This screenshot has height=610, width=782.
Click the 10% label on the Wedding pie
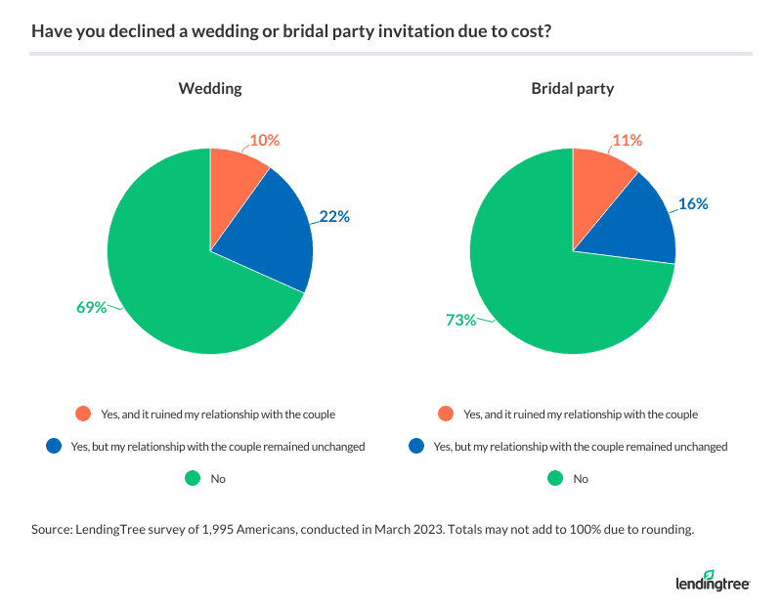[x=265, y=141]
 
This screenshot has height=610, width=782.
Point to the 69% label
[x=92, y=307]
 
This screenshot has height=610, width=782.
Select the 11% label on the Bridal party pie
[x=627, y=141]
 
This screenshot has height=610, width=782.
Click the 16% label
[x=693, y=204]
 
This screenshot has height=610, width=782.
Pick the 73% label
[x=455, y=319]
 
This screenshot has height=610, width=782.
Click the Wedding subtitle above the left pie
[x=210, y=89]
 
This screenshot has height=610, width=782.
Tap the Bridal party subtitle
[x=572, y=89]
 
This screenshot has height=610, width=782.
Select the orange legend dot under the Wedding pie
[x=82, y=414]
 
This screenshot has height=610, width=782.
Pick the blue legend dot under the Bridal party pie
[x=415, y=447]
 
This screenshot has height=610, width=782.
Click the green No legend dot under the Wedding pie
[x=193, y=479]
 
